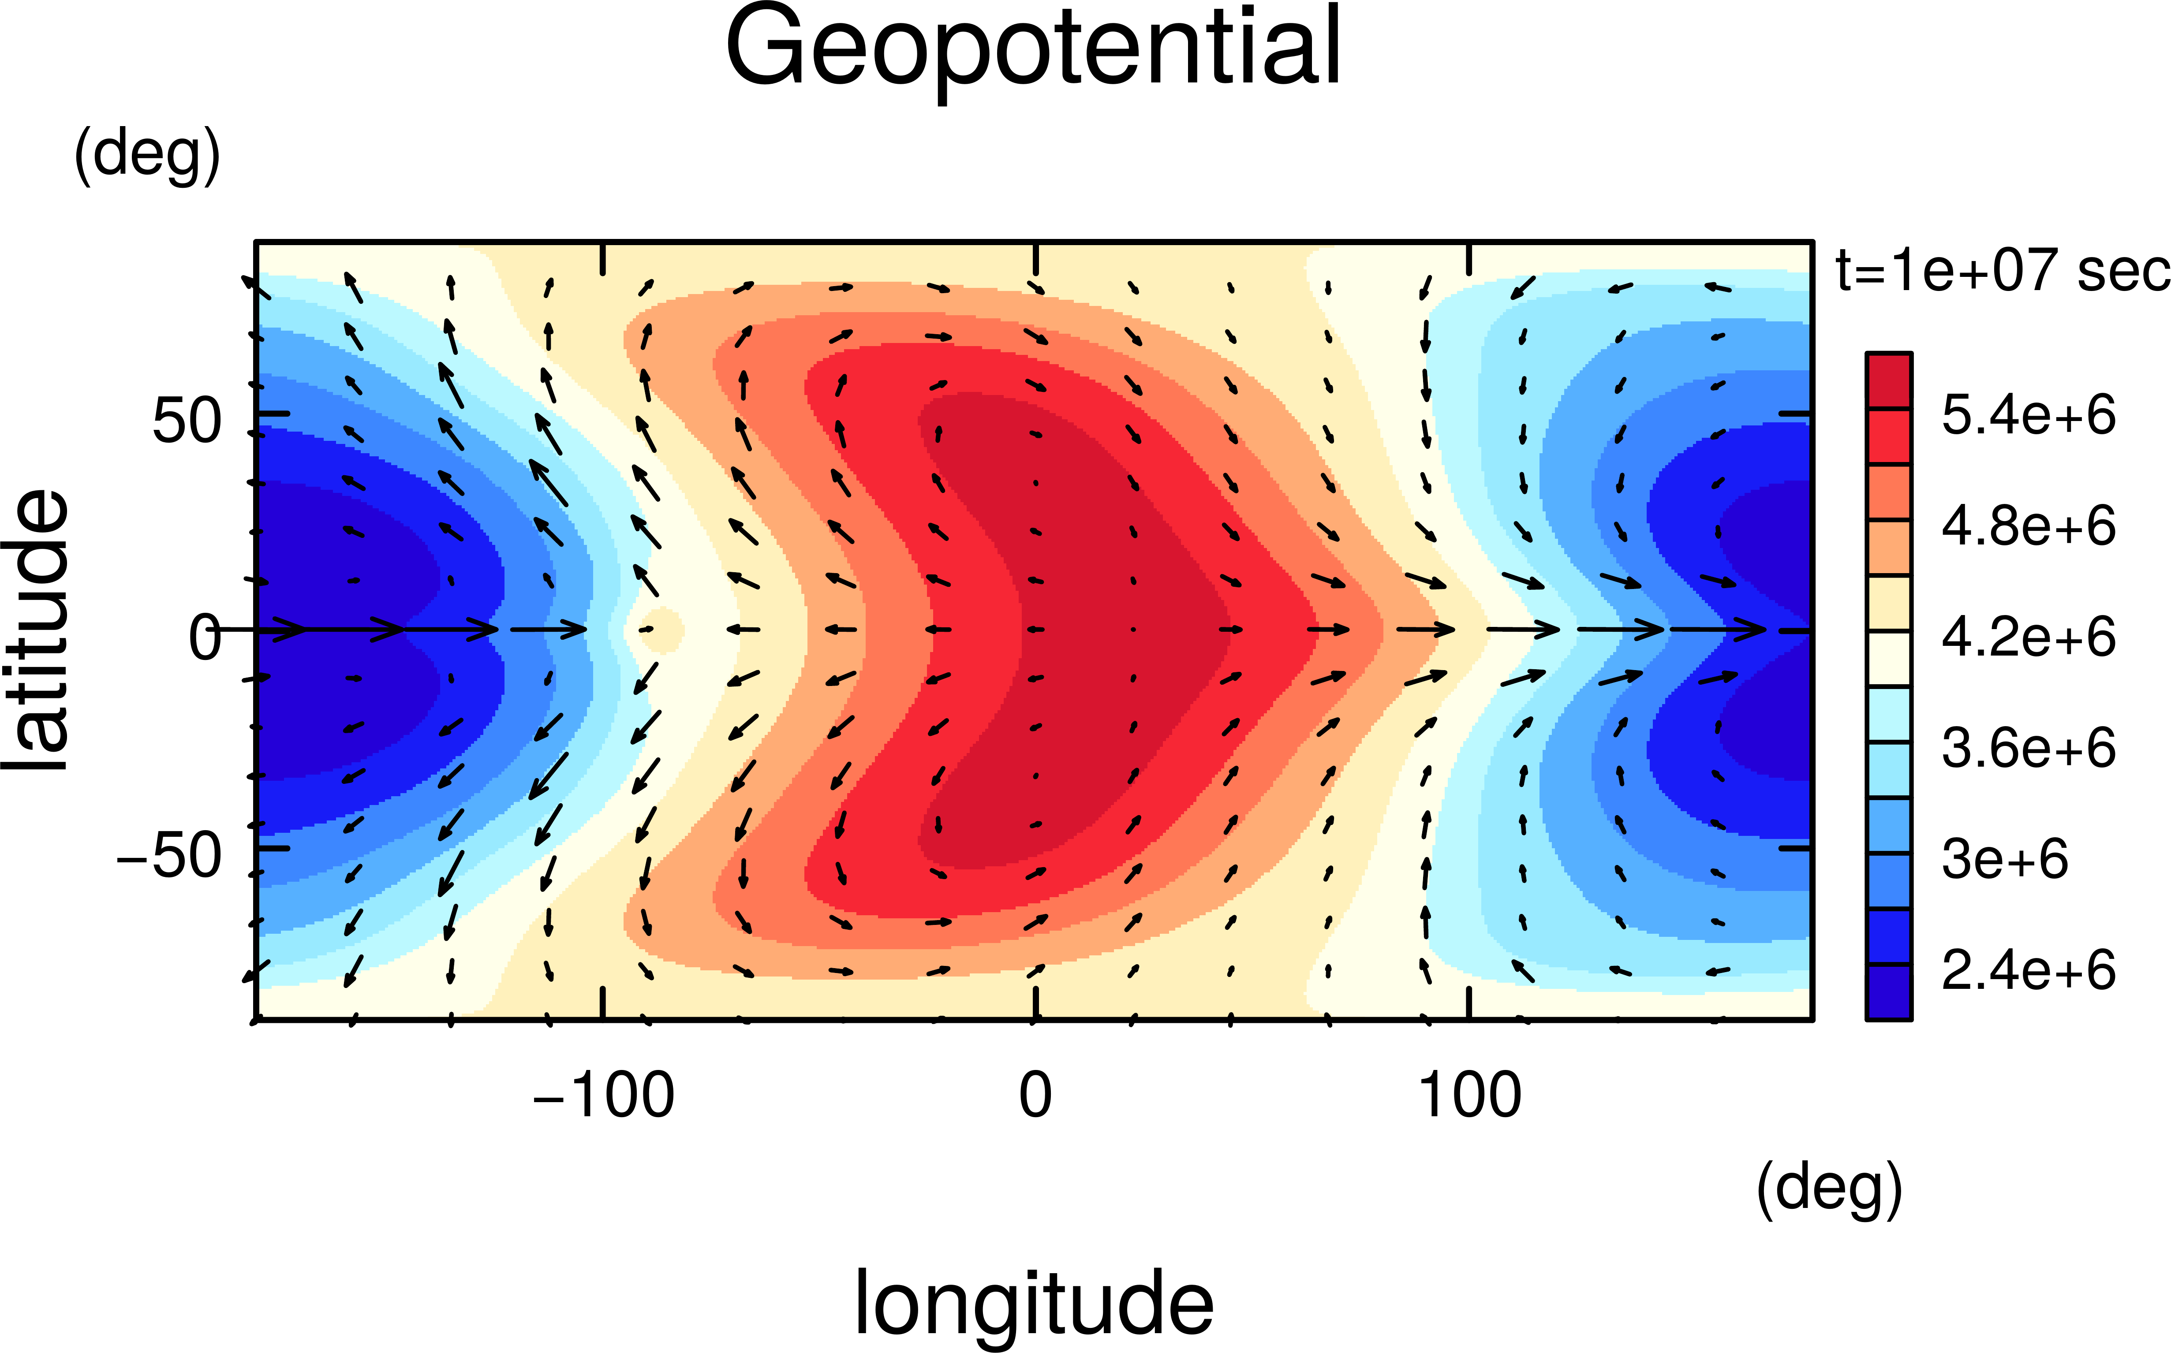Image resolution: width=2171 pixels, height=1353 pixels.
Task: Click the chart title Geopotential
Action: point(1034,49)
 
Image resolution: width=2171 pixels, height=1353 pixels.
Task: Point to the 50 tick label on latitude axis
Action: point(186,421)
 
